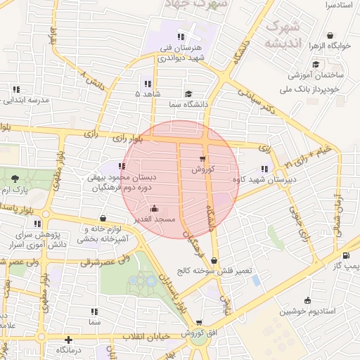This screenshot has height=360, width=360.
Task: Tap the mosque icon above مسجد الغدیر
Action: point(155,209)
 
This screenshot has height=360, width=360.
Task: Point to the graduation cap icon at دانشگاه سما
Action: point(188,94)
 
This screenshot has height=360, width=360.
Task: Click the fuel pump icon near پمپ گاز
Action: point(345,255)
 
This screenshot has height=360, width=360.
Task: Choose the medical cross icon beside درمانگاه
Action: point(68,340)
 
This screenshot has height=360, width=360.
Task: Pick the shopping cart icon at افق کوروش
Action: point(200,323)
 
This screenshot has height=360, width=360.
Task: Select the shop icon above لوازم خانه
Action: point(104,218)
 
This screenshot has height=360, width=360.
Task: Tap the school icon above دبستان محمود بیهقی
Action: point(122,167)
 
